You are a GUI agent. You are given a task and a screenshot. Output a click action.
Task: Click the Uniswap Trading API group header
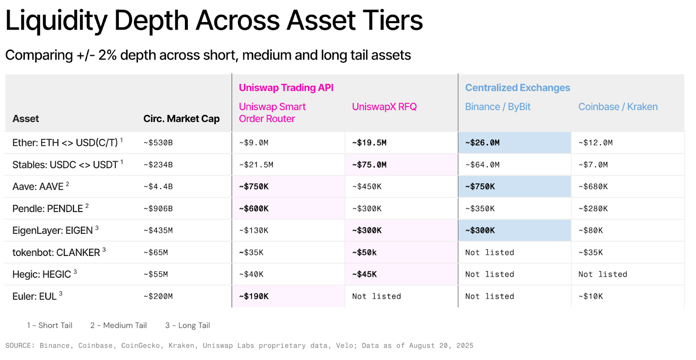pyautogui.click(x=286, y=87)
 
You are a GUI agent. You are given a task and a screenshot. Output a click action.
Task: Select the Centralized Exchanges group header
pyautogui.click(x=517, y=87)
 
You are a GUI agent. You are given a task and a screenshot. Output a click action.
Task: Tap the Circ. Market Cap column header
pyautogui.click(x=181, y=119)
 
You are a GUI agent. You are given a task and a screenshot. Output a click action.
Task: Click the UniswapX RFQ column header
pyautogui.click(x=385, y=107)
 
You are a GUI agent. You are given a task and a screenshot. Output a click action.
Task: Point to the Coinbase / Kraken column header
pyautogui.click(x=618, y=107)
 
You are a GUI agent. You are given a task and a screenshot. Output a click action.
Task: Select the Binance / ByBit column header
pyautogui.click(x=498, y=107)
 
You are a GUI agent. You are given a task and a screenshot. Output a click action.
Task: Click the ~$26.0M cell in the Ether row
pyautogui.click(x=482, y=143)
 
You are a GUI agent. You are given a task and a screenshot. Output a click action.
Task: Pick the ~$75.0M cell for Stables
pyautogui.click(x=369, y=165)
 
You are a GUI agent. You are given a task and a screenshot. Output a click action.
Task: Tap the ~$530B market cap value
pyautogui.click(x=158, y=143)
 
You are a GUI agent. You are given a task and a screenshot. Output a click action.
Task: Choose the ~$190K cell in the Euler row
pyautogui.click(x=254, y=296)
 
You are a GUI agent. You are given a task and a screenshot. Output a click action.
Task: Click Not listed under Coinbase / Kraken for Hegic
pyautogui.click(x=603, y=274)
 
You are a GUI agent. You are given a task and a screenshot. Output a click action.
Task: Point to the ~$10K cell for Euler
pyautogui.click(x=590, y=296)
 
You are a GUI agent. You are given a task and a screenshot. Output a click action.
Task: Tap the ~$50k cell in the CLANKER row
pyautogui.click(x=364, y=252)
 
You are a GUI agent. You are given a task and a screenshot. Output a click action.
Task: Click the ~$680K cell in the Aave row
pyautogui.click(x=593, y=186)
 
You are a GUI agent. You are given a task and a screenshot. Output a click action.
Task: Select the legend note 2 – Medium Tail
pyautogui.click(x=118, y=326)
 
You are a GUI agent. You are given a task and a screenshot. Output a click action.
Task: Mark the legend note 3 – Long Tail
pyautogui.click(x=187, y=326)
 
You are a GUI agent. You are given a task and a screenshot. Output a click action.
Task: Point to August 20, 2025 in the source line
pyautogui.click(x=441, y=346)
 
